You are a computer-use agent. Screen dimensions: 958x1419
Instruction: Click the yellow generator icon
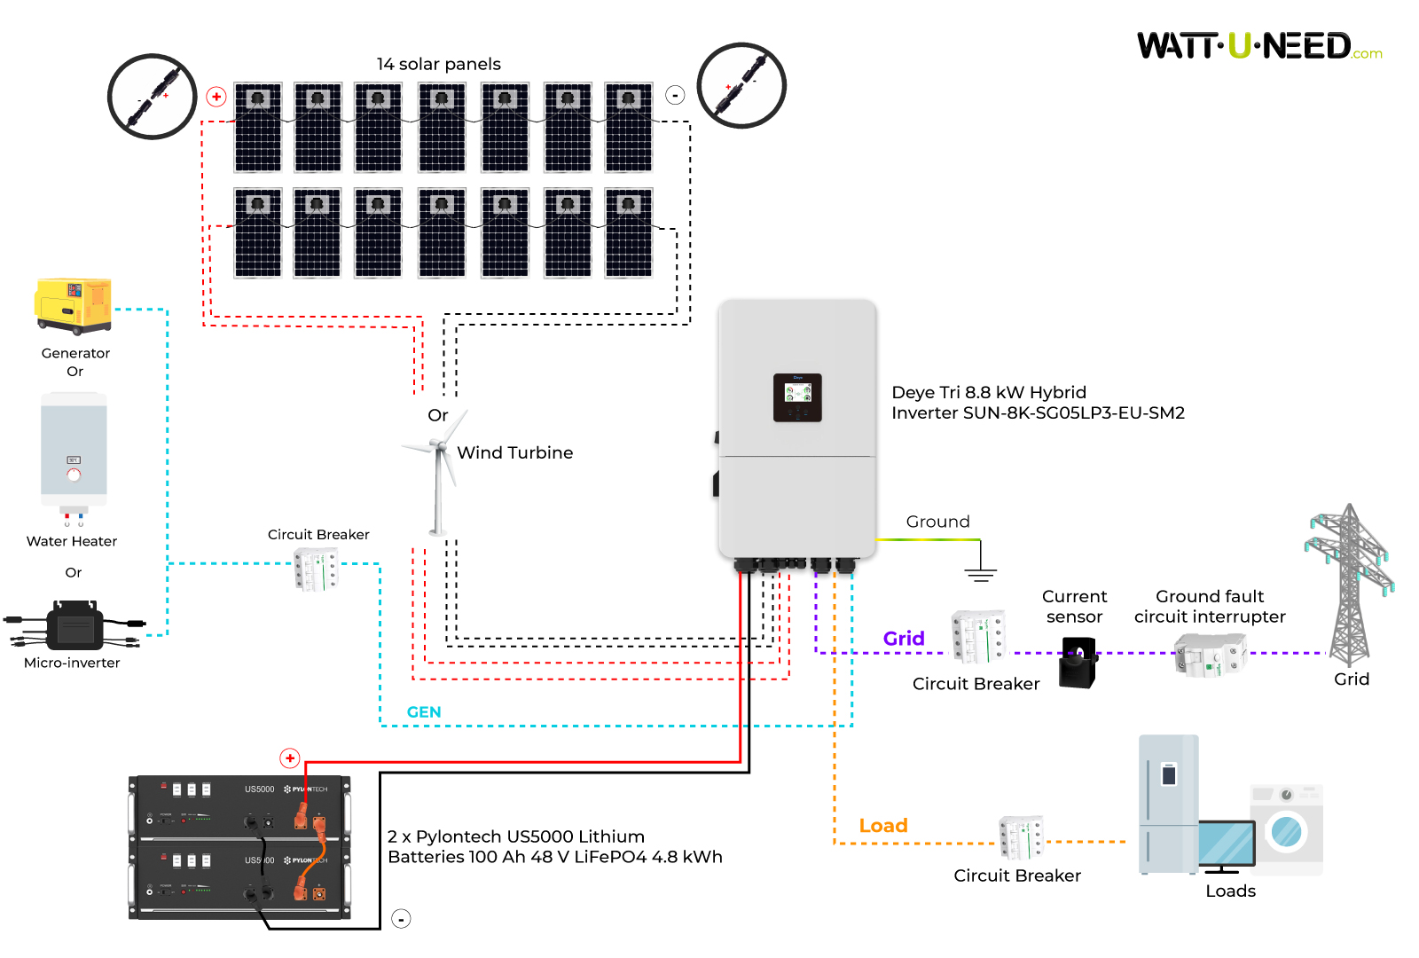(74, 305)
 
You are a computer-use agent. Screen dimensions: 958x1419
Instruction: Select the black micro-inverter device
(75, 626)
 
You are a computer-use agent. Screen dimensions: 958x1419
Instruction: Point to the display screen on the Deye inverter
(797, 396)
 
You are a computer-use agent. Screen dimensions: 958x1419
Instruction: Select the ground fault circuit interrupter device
(1210, 656)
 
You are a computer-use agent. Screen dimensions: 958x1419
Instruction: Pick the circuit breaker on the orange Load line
(1021, 838)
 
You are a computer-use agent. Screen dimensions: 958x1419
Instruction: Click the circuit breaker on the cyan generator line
(316, 569)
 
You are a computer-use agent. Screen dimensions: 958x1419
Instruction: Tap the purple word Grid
(904, 639)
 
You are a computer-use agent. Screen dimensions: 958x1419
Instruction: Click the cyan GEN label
(424, 712)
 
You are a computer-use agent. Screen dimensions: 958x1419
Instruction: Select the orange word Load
(883, 826)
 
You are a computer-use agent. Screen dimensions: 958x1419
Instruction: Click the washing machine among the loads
(1286, 829)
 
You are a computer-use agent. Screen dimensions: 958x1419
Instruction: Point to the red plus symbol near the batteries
(290, 758)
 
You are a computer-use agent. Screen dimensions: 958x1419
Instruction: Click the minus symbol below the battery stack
(402, 919)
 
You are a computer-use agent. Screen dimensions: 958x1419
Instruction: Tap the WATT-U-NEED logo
(1258, 46)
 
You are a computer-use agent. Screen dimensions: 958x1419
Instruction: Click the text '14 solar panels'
(438, 64)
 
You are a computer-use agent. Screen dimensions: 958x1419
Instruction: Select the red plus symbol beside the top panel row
(216, 97)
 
